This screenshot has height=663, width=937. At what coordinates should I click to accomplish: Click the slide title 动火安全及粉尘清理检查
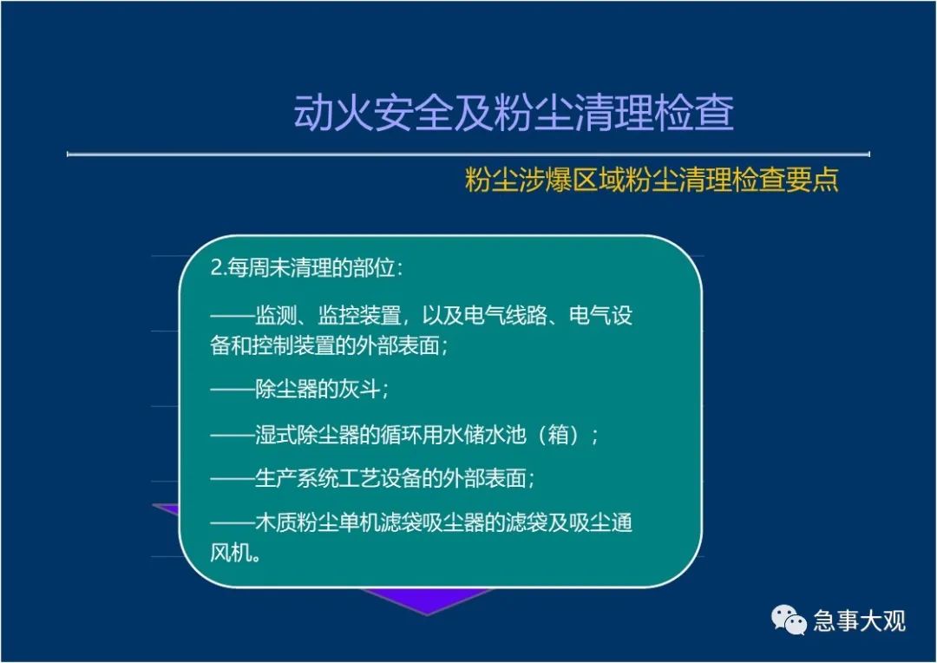pyautogui.click(x=514, y=113)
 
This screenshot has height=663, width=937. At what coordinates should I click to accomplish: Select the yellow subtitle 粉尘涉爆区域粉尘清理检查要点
pyautogui.click(x=652, y=180)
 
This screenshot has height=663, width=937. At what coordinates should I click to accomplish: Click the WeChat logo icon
pyautogui.click(x=788, y=620)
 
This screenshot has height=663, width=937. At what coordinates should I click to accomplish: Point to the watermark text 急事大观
pyautogui.click(x=859, y=620)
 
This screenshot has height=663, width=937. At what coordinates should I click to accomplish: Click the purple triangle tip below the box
pyautogui.click(x=427, y=614)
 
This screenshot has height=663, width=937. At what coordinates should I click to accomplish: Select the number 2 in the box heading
pyautogui.click(x=216, y=268)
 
